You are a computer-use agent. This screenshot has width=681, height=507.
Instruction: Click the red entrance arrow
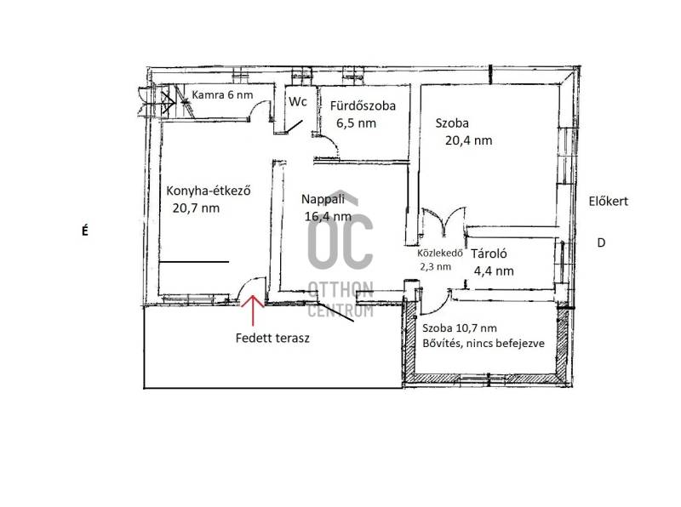[x=253, y=310]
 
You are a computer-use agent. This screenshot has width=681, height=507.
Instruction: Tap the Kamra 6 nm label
[x=222, y=94]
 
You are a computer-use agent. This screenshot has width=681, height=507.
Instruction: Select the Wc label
[x=298, y=101]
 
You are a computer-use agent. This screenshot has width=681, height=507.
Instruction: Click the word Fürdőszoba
[x=363, y=105]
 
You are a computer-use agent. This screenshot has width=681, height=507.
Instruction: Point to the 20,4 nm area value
[x=469, y=140]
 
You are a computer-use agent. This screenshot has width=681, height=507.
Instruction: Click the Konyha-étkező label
[x=209, y=191]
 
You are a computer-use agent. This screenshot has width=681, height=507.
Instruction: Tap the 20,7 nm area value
[x=196, y=208]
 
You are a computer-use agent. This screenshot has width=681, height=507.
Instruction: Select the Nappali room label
[x=323, y=199]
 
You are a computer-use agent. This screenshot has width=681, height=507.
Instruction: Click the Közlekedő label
[x=440, y=253]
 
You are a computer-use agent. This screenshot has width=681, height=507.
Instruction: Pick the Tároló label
[x=489, y=253]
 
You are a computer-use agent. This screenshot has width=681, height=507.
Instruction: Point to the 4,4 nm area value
[x=494, y=271]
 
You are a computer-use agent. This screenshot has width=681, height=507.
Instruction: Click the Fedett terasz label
[x=272, y=339]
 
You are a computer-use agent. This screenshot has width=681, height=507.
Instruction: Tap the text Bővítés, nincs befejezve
[x=484, y=344]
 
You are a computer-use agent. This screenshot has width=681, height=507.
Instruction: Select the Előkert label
[x=609, y=202]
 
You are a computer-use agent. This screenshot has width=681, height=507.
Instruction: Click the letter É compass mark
[x=84, y=231]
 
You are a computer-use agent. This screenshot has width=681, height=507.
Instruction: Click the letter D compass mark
[x=601, y=242]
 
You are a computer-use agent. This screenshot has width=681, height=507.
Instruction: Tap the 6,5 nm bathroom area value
[x=356, y=123]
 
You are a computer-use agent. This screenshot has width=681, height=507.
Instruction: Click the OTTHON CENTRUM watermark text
[x=340, y=299]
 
